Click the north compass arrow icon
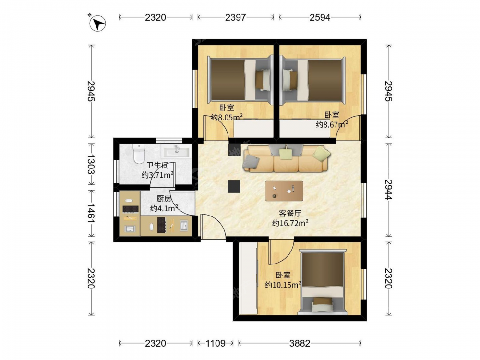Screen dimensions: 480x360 point(97,23)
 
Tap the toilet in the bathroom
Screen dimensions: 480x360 point(139,154)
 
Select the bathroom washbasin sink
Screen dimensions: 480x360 point(176,151)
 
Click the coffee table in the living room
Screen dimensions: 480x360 point(284,191)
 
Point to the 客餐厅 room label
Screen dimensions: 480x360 point(290,213)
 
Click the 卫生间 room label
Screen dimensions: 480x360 point(157,166)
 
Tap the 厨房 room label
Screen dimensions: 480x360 point(164,199)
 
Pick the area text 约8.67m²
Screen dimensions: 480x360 point(332,124)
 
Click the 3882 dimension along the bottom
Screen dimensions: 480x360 point(300,343)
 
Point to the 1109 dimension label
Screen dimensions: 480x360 point(216,343)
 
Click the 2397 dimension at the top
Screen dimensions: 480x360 point(235,17)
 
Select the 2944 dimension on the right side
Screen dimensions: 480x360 point(388,190)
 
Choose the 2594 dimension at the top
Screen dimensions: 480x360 point(320,17)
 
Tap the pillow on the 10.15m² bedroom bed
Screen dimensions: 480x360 point(322,303)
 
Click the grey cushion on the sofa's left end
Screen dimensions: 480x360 point(251,162)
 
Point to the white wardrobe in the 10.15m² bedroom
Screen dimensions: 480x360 point(248,278)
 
